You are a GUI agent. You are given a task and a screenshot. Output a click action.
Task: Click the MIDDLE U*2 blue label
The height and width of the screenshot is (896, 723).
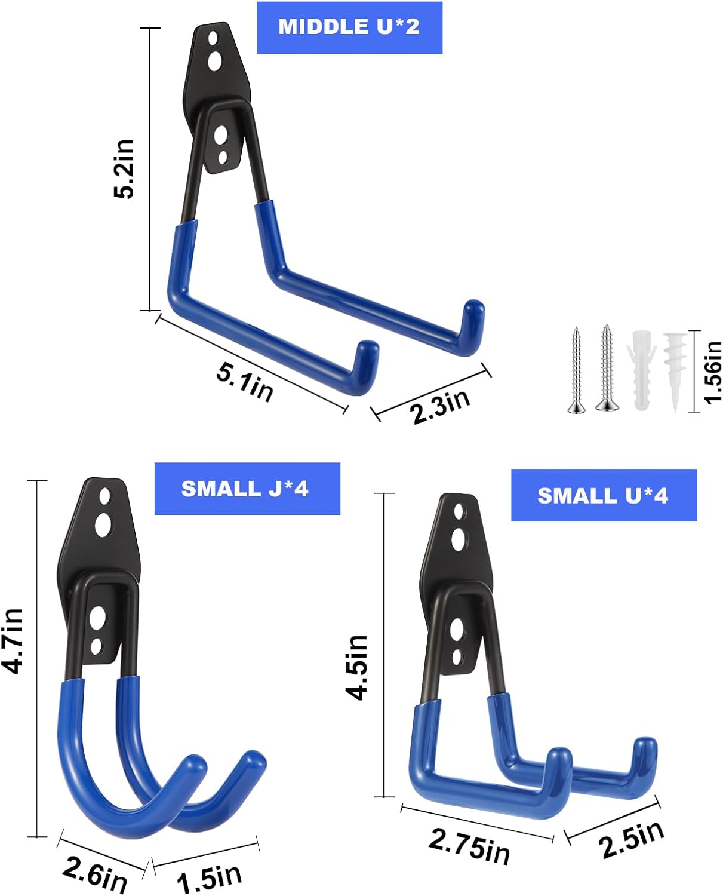(349, 27)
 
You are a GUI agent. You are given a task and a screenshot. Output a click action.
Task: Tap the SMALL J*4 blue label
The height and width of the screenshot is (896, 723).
(247, 489)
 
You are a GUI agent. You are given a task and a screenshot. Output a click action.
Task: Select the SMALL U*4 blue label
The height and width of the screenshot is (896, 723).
(603, 495)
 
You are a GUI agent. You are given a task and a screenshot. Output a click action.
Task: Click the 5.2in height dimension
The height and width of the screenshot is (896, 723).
(125, 168)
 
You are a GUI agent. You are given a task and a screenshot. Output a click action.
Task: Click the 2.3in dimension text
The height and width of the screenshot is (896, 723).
(441, 406)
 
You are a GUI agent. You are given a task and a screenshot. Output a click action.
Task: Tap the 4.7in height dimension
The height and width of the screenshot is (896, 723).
(13, 640)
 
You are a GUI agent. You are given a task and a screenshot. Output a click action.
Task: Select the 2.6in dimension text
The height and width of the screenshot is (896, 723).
(95, 876)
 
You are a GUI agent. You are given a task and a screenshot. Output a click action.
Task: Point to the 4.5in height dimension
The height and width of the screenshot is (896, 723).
(358, 667)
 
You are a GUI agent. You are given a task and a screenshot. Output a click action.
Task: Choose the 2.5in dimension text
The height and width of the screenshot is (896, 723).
(631, 839)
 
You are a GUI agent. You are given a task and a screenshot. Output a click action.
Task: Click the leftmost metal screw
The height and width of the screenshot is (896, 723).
(576, 370)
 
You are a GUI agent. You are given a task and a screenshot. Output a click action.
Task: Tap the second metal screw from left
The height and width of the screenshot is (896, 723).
(607, 368)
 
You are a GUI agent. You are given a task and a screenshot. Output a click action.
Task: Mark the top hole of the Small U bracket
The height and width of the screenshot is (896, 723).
(459, 511)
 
